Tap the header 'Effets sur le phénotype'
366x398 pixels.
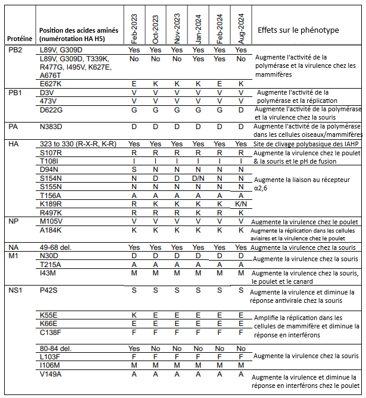(298, 30)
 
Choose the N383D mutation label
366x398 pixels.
(52, 127)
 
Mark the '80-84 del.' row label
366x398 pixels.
(57, 347)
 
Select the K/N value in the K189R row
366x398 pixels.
(241, 203)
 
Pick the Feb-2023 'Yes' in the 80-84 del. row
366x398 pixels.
(134, 347)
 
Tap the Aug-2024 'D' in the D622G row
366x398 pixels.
(241, 109)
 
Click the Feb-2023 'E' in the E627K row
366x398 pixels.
(134, 84)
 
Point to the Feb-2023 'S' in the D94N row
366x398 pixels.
(134, 170)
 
